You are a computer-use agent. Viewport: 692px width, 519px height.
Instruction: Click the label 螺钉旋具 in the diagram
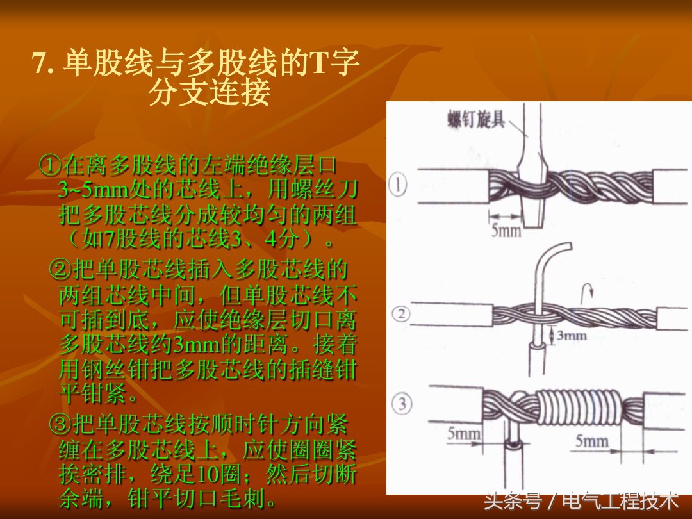click(475, 119)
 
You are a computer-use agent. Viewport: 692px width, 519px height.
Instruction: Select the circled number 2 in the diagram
click(400, 315)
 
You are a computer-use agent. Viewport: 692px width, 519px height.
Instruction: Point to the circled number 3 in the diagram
click(401, 404)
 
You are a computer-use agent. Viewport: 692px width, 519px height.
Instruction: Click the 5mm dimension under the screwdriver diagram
click(506, 230)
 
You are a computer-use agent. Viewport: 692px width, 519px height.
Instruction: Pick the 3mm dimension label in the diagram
click(571, 335)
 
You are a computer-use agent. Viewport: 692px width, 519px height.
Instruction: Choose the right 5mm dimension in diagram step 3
click(591, 441)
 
